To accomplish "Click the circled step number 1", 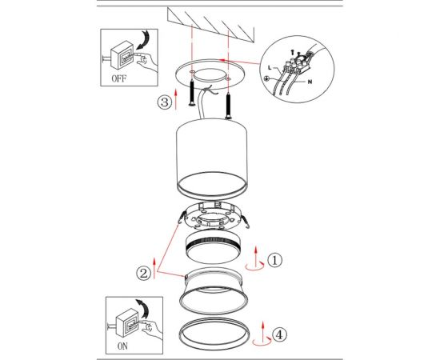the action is click(x=274, y=260).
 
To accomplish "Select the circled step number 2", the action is click(x=144, y=273).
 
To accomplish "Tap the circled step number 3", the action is click(x=164, y=102).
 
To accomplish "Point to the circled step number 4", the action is click(x=280, y=334).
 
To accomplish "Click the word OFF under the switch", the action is click(x=119, y=78).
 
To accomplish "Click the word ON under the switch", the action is click(x=122, y=346).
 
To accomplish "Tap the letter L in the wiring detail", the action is click(x=270, y=68).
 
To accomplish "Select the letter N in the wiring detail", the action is click(x=310, y=82).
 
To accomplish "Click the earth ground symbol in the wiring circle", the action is click(x=266, y=79).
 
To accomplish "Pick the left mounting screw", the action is click(x=192, y=92).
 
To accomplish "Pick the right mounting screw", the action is click(x=229, y=106).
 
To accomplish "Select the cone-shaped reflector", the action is click(x=214, y=291).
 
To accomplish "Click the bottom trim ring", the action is click(x=214, y=334).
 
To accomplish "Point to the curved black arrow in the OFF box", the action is click(x=145, y=40).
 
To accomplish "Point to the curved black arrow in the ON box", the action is click(x=144, y=309).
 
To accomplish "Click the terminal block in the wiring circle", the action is click(x=298, y=63).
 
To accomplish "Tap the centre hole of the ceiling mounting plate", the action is click(x=210, y=75).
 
